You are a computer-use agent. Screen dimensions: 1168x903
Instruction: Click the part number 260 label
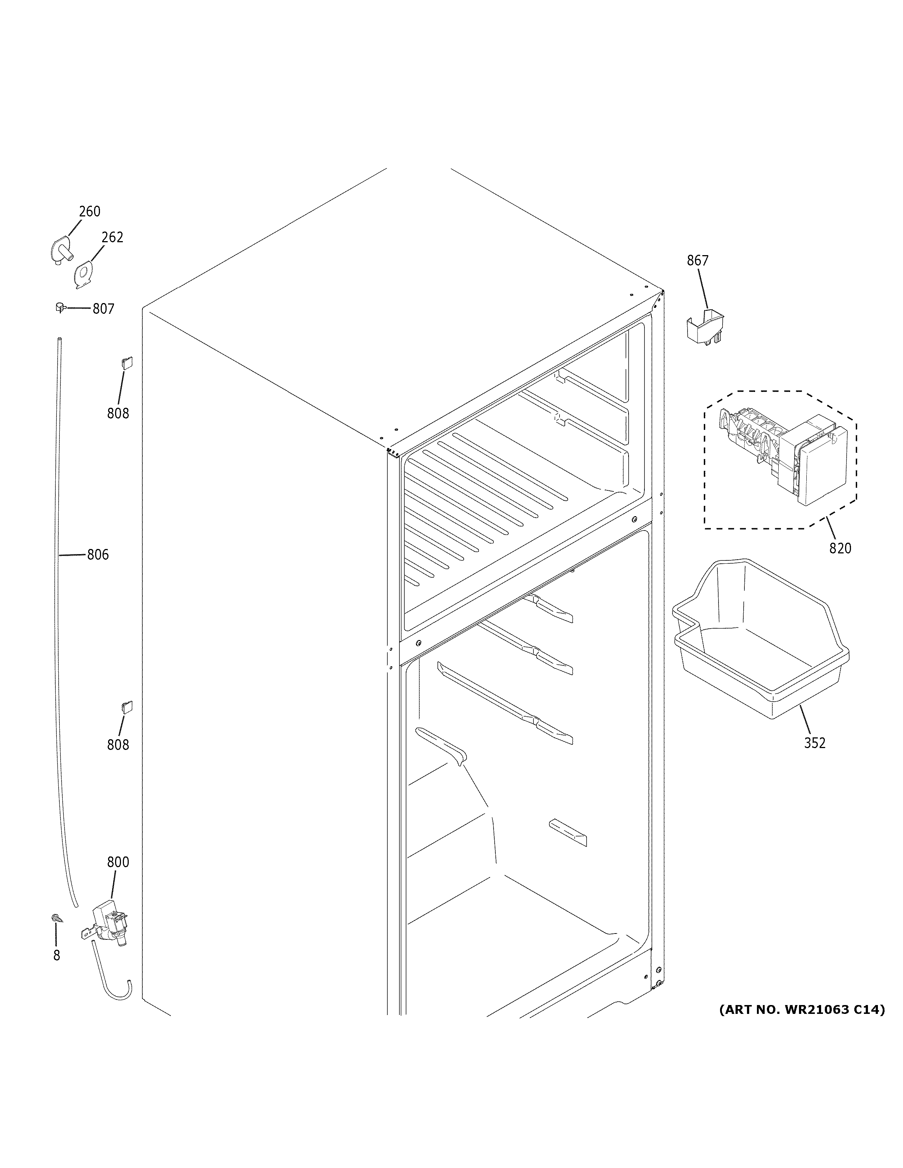point(89,212)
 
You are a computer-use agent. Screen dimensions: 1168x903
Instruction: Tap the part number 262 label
point(113,237)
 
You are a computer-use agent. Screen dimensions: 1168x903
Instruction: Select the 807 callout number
point(103,309)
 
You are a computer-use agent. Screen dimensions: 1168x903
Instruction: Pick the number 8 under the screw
point(57,956)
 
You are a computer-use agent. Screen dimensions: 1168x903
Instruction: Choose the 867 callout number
point(698,261)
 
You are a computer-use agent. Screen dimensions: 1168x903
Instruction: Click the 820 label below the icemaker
point(840,549)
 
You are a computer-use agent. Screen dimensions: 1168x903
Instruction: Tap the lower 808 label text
point(118,745)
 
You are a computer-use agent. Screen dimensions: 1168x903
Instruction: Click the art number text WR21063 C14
point(801,1010)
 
